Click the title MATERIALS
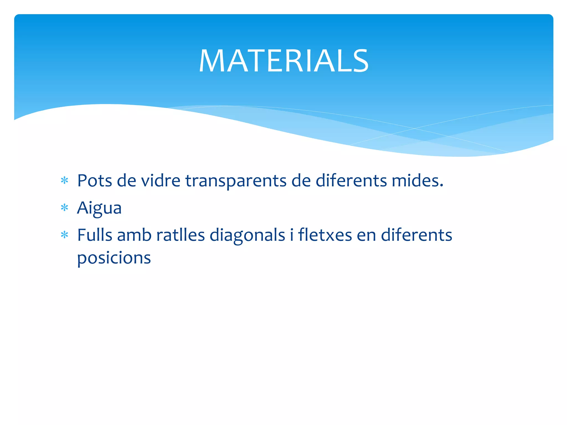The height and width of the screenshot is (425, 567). click(x=283, y=61)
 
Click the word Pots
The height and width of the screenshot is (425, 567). click(x=94, y=181)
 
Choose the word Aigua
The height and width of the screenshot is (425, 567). click(x=99, y=208)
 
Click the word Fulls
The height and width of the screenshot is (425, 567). click(x=94, y=235)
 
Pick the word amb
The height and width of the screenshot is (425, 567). click(x=134, y=235)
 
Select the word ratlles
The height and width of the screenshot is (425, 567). click(x=181, y=235)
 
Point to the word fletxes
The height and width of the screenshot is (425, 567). click(x=325, y=235)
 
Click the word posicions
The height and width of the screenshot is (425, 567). click(x=114, y=258)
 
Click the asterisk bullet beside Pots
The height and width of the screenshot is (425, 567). click(x=65, y=181)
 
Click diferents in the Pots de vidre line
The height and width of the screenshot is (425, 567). click(x=351, y=181)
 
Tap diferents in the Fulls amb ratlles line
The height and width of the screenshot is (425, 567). click(x=416, y=235)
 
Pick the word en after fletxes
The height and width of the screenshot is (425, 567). click(x=366, y=236)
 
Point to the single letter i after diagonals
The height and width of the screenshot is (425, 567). click(x=292, y=235)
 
